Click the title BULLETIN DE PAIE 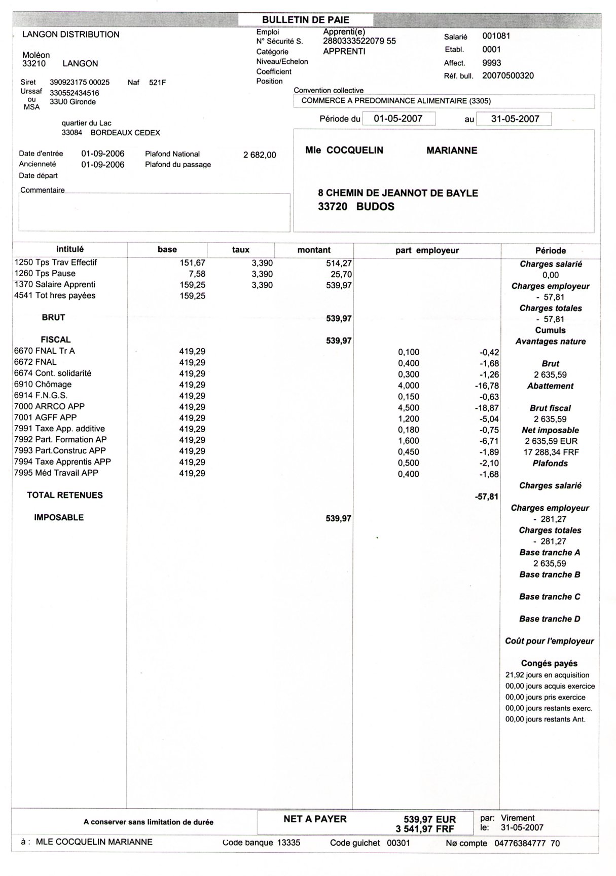click(x=305, y=20)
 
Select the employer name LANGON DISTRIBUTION click(x=71, y=34)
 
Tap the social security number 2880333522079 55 click(x=359, y=41)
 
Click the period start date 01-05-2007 click(x=398, y=119)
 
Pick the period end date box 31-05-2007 click(x=515, y=119)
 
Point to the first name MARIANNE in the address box click(x=452, y=150)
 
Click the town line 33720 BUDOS click(x=356, y=206)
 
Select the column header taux click(x=241, y=250)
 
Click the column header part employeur click(x=427, y=250)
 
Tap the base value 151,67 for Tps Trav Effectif click(x=193, y=262)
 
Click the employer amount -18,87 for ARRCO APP click(x=489, y=407)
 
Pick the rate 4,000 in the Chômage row click(x=409, y=385)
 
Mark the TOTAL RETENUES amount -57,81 click(x=487, y=497)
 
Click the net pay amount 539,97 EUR click(x=429, y=819)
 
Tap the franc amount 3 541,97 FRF click(x=425, y=829)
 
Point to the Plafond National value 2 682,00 click(x=260, y=155)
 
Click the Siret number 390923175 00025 click(x=80, y=82)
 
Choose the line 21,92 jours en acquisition click(x=547, y=675)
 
